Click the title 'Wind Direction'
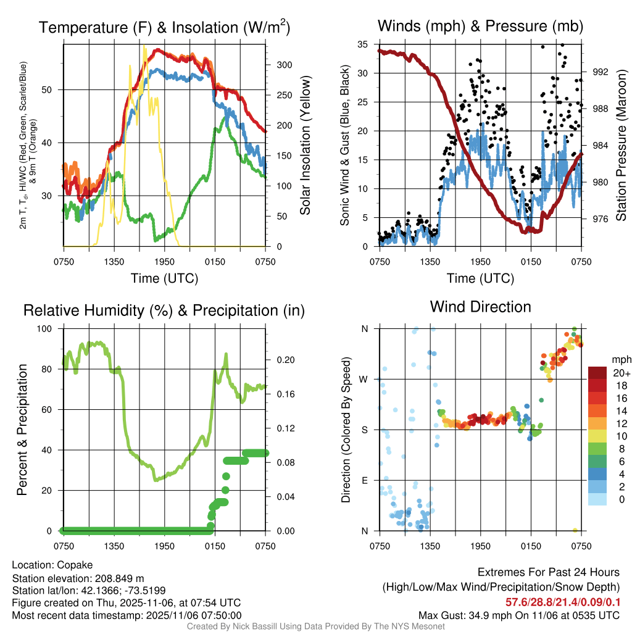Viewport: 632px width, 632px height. click(x=480, y=307)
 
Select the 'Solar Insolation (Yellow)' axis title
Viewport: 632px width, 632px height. click(x=306, y=146)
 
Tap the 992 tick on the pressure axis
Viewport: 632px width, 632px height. click(x=600, y=72)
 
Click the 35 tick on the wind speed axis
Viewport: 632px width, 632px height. click(x=363, y=44)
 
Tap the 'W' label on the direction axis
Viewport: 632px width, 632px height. click(x=365, y=379)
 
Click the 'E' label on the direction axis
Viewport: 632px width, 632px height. click(x=365, y=480)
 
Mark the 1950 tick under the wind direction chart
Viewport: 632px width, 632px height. click(x=480, y=545)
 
